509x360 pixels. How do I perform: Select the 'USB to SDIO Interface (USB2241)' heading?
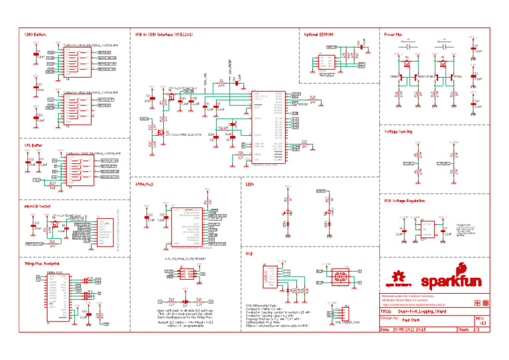tap(164, 33)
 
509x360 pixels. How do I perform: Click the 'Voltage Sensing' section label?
tap(398, 131)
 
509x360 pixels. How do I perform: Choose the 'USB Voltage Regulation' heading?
tap(404, 200)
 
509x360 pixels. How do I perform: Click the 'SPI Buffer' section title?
tap(32, 144)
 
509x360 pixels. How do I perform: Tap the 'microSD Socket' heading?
tap(36, 206)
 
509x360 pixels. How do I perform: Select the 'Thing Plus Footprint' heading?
tap(42, 264)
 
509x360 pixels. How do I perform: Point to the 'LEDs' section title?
tap(250, 185)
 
